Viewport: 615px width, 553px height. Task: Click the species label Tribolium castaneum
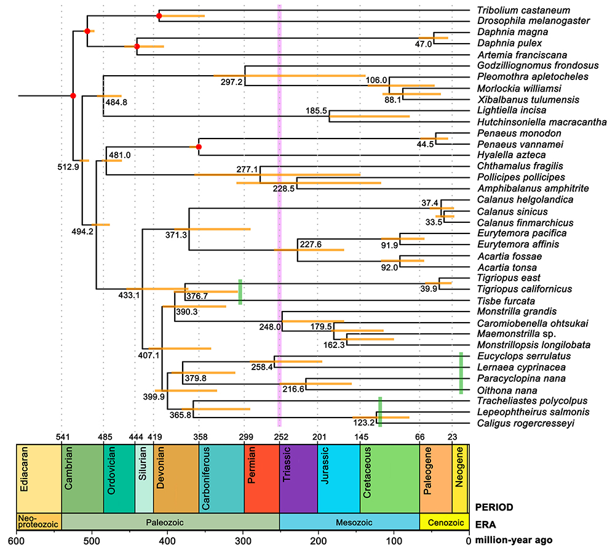[523, 10]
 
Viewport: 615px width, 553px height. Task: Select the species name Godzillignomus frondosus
[538, 66]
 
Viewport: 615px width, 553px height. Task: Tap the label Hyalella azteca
[512, 155]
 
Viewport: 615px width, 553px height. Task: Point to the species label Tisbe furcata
[506, 301]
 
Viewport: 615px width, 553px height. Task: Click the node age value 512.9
[68, 167]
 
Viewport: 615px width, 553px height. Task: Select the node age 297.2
[231, 83]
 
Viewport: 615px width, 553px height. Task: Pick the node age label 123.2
[363, 422]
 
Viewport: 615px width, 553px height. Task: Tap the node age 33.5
[434, 222]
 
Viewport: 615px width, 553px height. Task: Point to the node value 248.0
[270, 327]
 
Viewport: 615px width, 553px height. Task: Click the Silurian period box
[144, 478]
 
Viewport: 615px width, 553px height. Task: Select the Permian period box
[261, 478]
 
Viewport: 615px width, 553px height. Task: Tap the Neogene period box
[459, 478]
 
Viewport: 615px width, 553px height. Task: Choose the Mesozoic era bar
[349, 522]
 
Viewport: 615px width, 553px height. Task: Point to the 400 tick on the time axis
[167, 541]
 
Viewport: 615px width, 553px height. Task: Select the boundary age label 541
[63, 437]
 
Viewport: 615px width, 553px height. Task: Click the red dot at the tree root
[73, 96]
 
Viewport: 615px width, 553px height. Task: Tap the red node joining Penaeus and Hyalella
[199, 147]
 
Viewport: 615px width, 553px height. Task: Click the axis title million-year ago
[514, 541]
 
